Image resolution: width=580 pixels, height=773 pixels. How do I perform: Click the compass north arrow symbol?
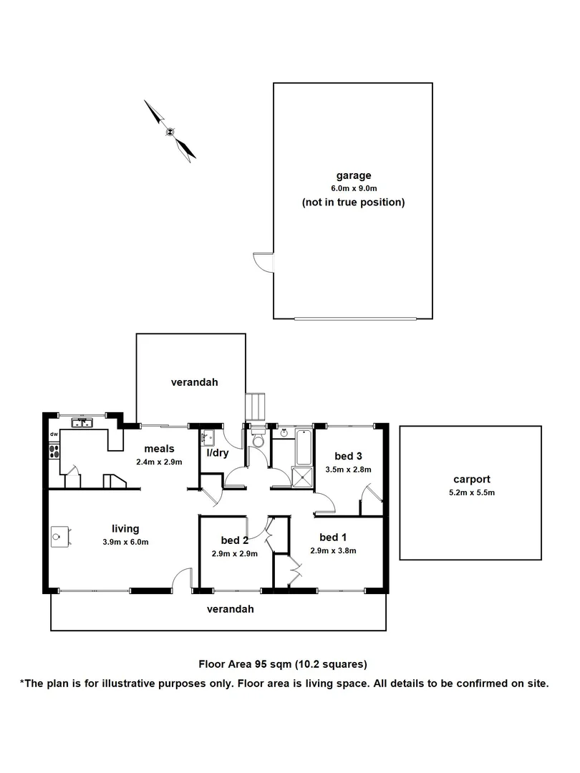170,131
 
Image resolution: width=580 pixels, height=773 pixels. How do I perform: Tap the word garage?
354,175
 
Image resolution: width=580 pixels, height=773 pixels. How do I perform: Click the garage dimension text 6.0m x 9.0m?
354,188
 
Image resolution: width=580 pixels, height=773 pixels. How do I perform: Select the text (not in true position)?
353,203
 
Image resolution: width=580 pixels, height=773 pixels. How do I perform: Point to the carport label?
471,480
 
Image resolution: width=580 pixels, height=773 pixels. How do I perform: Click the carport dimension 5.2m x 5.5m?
471,492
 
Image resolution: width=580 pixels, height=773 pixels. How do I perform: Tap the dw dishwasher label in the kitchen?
54,434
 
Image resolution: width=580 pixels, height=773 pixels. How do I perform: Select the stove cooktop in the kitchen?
54,452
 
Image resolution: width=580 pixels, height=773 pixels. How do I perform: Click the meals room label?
159,449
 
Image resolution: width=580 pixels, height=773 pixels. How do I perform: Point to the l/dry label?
218,452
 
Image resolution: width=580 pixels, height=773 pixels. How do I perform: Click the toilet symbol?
258,442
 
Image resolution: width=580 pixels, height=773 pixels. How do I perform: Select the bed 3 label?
347,456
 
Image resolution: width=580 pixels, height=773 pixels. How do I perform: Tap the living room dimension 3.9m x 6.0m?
125,542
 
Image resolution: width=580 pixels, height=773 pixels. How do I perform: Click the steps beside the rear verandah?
256,407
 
